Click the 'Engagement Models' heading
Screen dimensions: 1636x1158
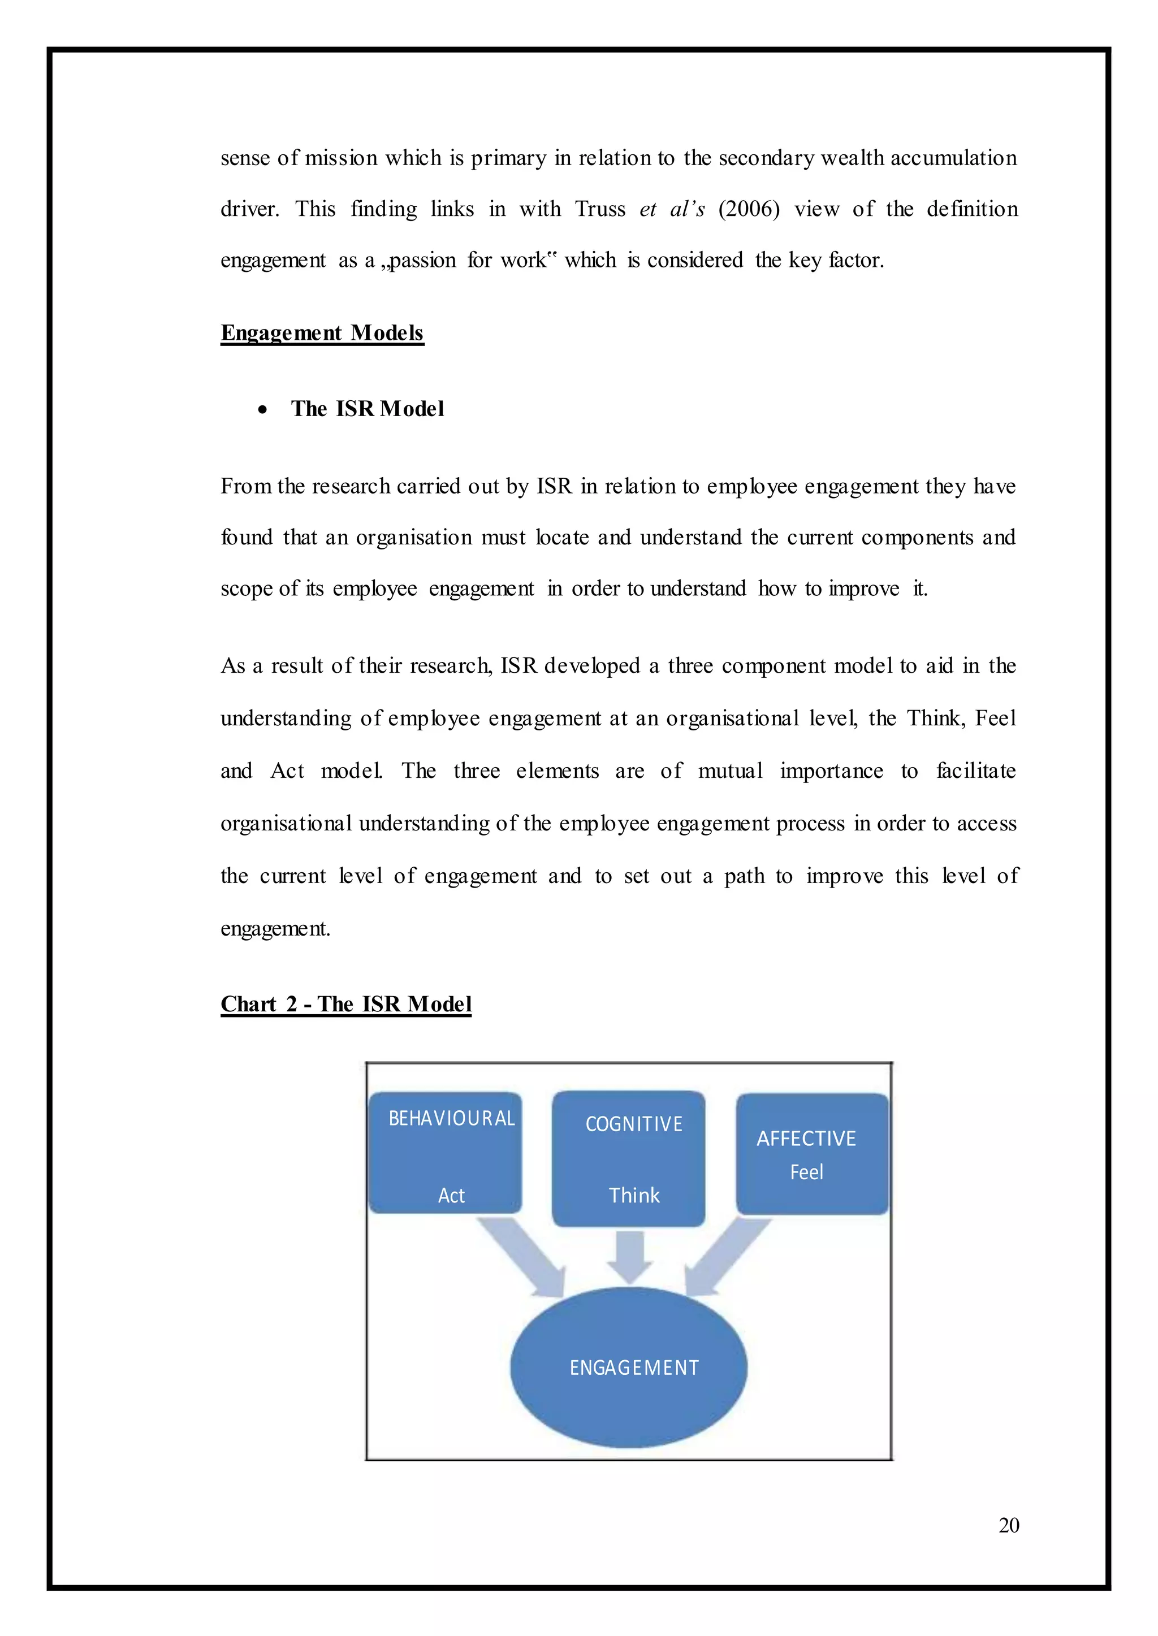(x=322, y=333)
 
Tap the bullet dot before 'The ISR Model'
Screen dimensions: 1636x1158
(x=264, y=410)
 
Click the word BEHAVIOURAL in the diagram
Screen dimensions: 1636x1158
(x=451, y=1118)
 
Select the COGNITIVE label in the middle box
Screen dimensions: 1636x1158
(x=634, y=1124)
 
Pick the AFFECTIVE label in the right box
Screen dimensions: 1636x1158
(x=806, y=1139)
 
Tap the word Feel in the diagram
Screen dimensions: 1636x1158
(x=806, y=1172)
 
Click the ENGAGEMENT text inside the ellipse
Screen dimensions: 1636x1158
(x=634, y=1367)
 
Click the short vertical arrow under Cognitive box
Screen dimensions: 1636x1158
(x=630, y=1257)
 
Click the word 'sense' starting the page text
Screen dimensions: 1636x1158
(x=245, y=158)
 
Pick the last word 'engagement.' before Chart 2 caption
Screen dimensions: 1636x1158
(x=275, y=928)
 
